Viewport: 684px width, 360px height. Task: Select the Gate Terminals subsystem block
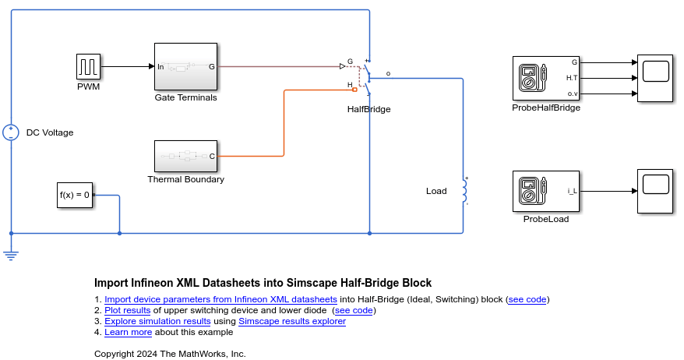coord(185,67)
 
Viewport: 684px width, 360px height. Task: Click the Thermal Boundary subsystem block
coord(185,157)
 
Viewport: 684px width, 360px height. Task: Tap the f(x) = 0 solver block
coord(75,195)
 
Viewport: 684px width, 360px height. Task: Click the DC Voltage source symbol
coord(11,132)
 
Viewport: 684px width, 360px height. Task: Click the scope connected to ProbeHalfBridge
coord(655,78)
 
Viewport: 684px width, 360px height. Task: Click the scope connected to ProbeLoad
coord(655,191)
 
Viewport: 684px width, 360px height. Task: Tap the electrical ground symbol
coord(11,252)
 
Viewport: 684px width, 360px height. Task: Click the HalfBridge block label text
coord(368,109)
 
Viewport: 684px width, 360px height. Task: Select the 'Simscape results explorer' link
coord(292,321)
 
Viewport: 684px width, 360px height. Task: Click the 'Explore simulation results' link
coord(157,321)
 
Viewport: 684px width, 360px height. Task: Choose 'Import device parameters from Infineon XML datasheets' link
coord(220,299)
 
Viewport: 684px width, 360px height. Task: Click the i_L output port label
coord(571,191)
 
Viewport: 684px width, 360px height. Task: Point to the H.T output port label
coord(571,78)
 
